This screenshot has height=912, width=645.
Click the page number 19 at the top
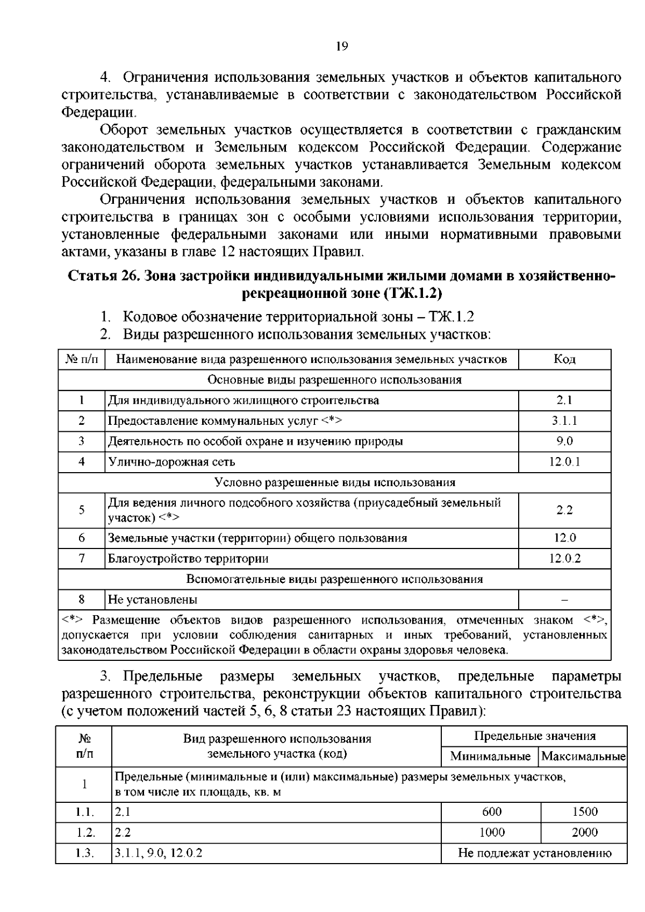click(x=342, y=46)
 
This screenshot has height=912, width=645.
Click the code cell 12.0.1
click(x=564, y=461)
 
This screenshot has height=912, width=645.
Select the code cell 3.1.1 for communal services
click(x=564, y=421)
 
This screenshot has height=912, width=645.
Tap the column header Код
click(x=564, y=359)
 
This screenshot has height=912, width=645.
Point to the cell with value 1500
click(x=584, y=811)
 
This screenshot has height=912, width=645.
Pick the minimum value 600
click(x=491, y=811)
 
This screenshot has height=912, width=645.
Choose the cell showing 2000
click(x=584, y=832)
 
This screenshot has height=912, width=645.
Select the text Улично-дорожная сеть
click(x=171, y=461)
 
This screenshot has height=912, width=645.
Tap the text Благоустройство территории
click(x=188, y=558)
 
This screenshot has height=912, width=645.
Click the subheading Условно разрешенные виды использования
click(x=334, y=482)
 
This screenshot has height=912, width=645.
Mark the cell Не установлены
click(x=153, y=599)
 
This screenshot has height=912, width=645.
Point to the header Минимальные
click(x=490, y=756)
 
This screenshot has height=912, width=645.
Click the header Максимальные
click(x=584, y=756)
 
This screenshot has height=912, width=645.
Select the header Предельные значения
click(x=534, y=736)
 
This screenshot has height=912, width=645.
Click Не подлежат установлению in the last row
click(x=534, y=853)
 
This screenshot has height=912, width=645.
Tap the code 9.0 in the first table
click(x=564, y=441)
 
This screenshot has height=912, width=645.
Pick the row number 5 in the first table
click(x=82, y=510)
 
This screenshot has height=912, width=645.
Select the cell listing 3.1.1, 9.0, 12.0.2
click(x=159, y=853)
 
